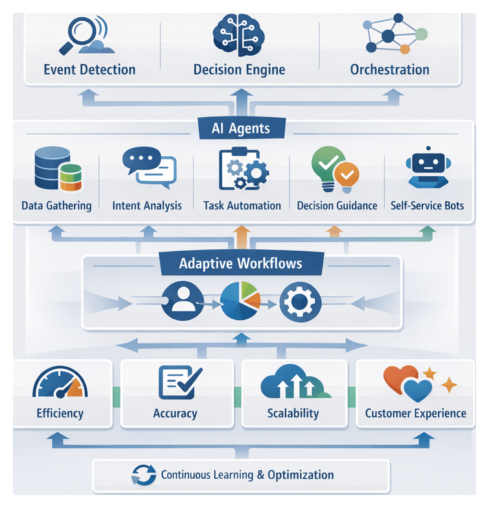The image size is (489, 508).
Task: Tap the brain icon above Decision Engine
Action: point(238,32)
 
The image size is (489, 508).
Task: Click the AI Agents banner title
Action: point(240,128)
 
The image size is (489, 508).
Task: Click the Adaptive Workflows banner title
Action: point(240,264)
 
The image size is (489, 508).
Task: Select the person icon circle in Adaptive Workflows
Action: point(182,301)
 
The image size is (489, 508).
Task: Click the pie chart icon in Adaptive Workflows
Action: point(240,301)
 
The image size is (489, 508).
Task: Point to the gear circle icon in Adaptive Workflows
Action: point(300,301)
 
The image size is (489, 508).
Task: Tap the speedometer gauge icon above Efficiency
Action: point(60,384)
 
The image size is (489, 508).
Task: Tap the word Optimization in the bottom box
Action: point(300,475)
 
